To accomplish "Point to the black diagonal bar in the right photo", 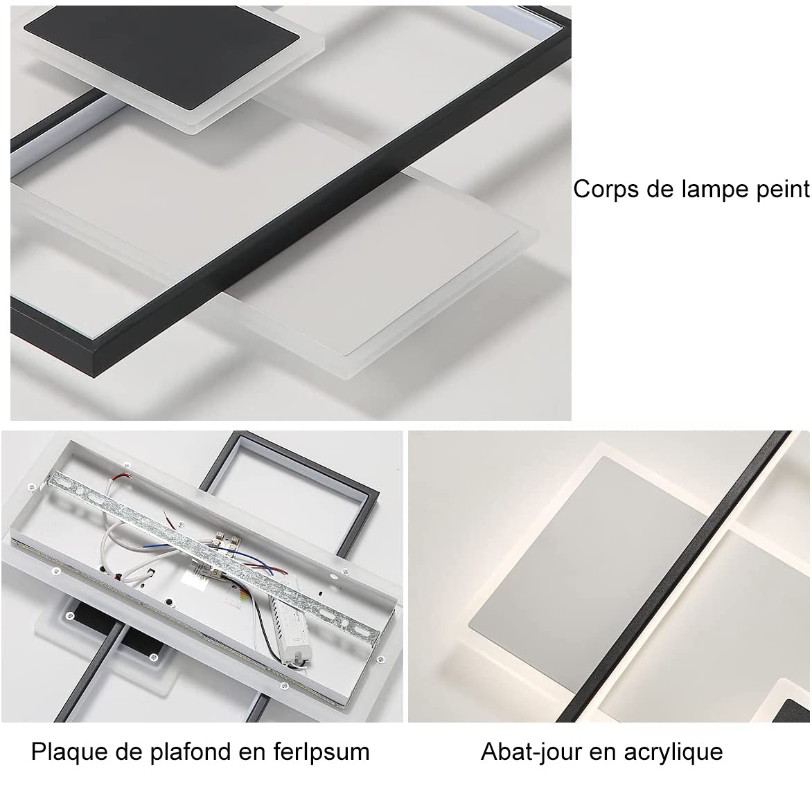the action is pos(673,577).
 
